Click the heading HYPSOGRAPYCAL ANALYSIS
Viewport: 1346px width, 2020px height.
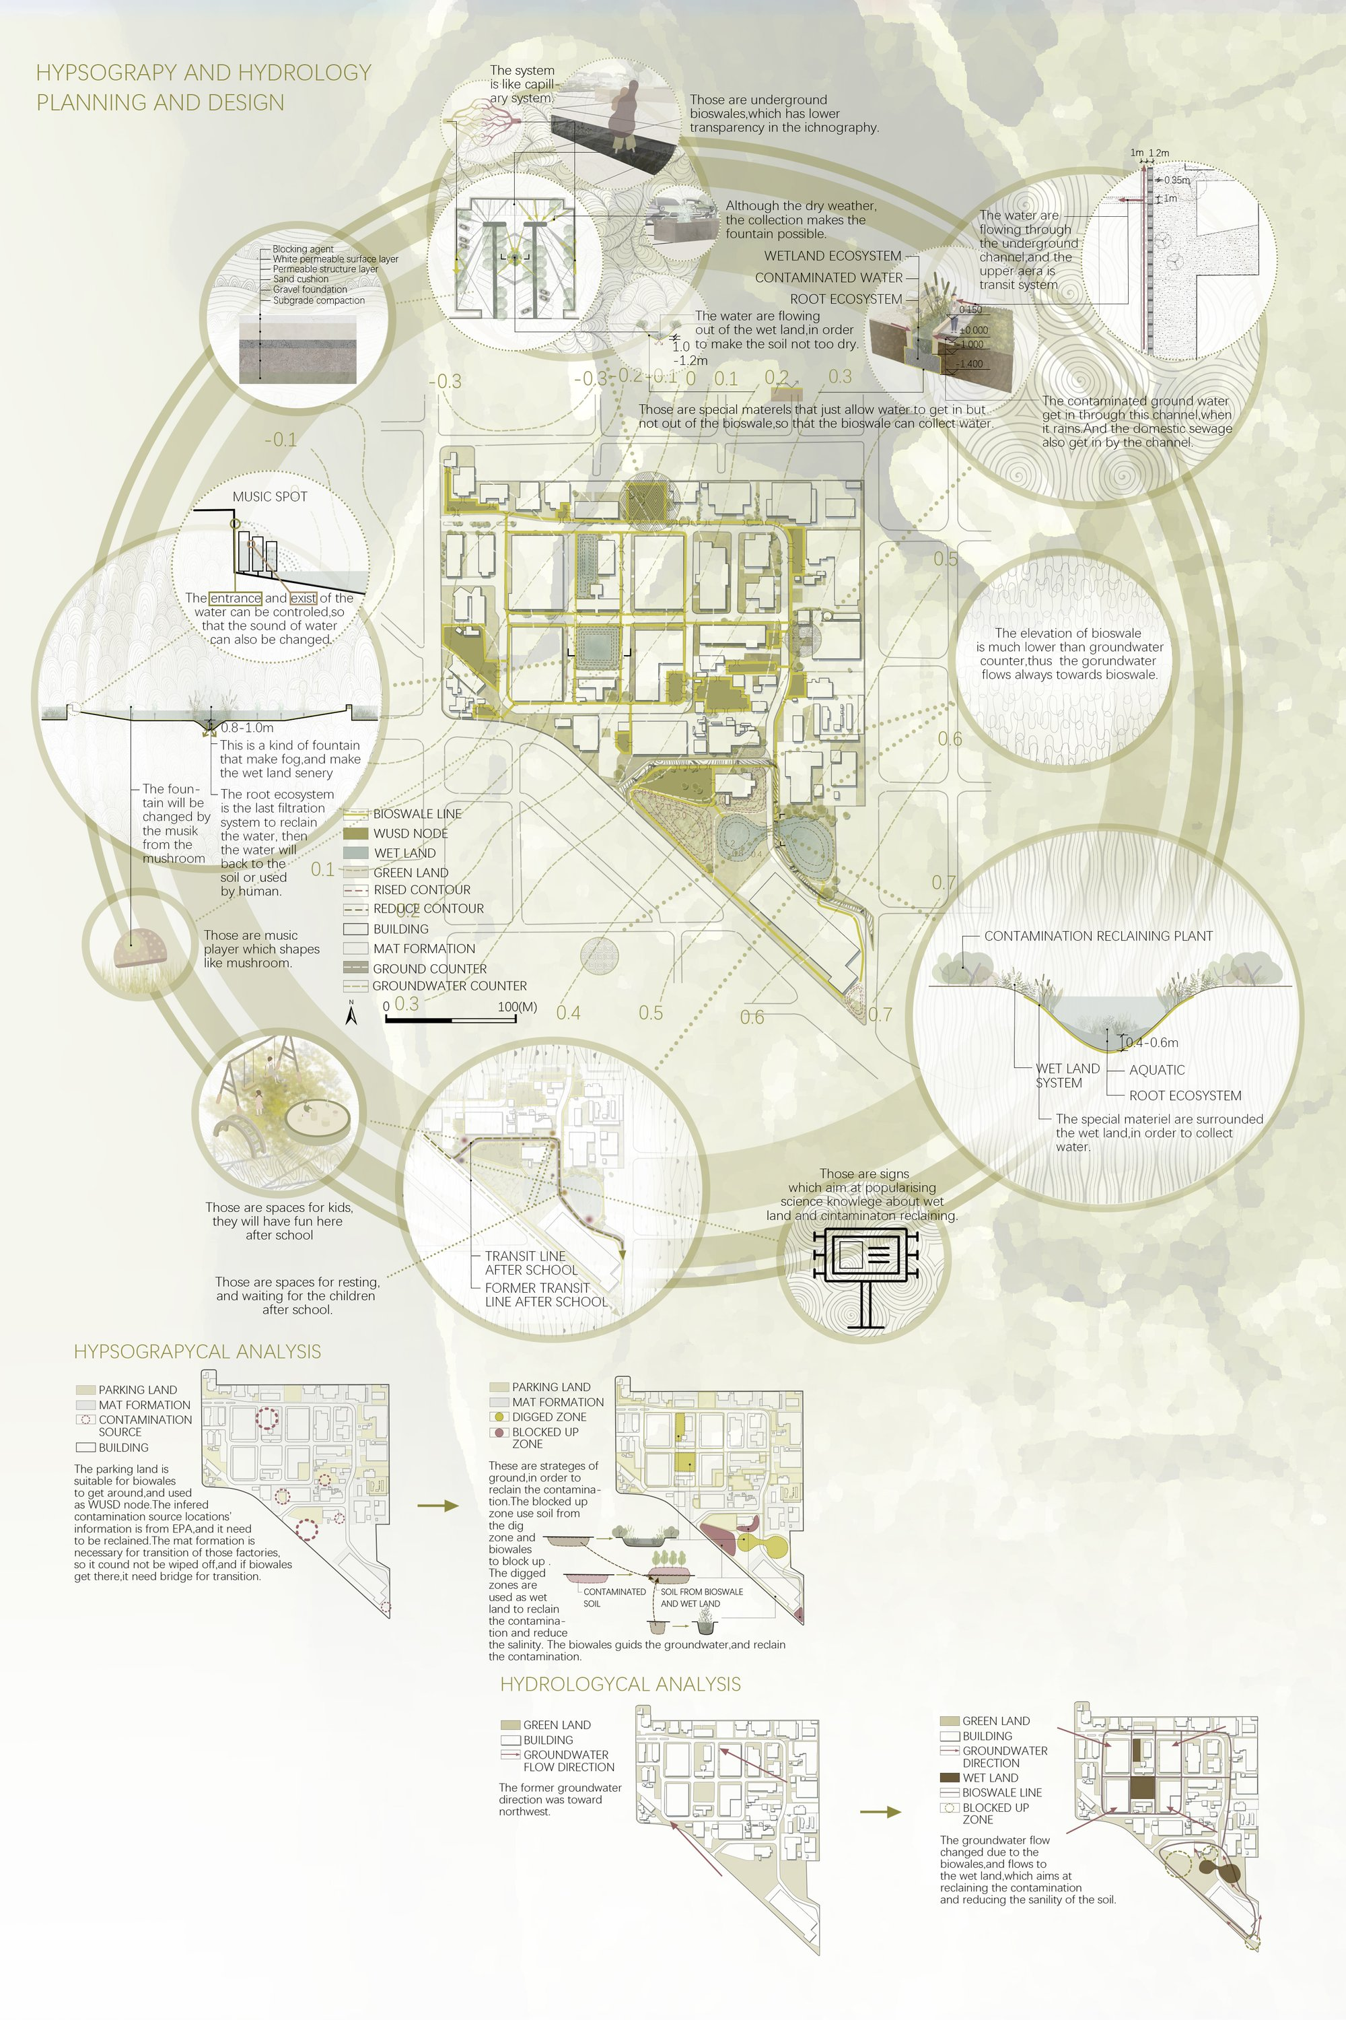(x=197, y=1352)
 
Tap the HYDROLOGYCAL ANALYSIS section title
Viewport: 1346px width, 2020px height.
(x=620, y=1684)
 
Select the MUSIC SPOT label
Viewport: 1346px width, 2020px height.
(x=270, y=496)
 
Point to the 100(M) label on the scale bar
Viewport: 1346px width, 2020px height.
(x=517, y=1007)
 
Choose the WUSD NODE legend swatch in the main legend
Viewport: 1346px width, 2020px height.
(x=355, y=833)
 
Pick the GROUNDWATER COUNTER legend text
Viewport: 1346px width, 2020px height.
(x=449, y=986)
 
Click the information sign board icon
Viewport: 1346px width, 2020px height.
(x=866, y=1262)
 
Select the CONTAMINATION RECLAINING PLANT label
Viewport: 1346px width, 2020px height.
(x=1098, y=936)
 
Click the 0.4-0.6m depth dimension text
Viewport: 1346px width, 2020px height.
(x=1152, y=1042)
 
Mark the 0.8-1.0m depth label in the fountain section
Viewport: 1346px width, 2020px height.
(x=247, y=727)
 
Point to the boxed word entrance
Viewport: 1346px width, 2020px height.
(x=235, y=598)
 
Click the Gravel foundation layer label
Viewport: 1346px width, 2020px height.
(x=310, y=290)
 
